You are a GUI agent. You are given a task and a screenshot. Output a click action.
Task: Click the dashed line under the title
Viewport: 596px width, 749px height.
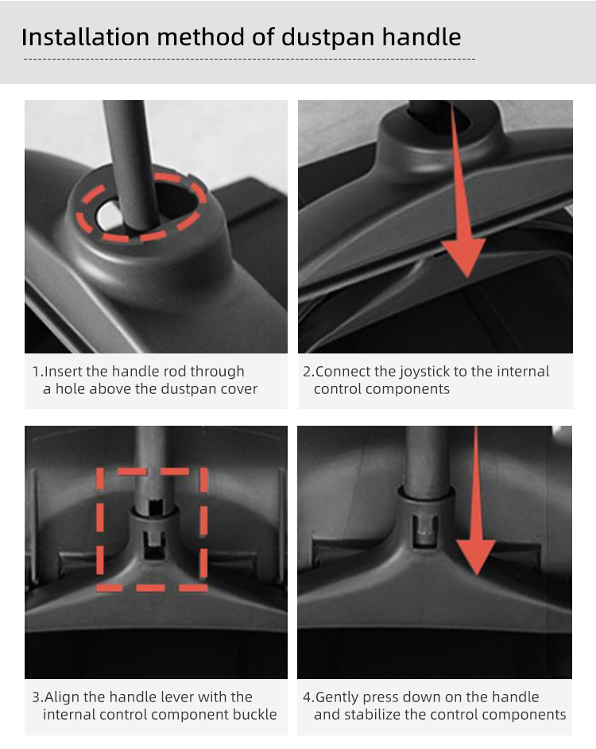(x=250, y=60)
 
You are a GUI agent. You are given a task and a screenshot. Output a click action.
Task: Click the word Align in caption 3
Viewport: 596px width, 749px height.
(x=62, y=697)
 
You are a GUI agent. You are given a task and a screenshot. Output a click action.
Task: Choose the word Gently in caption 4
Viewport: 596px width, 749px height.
(x=339, y=697)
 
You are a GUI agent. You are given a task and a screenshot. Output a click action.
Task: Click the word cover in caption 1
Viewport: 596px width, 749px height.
(x=239, y=389)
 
